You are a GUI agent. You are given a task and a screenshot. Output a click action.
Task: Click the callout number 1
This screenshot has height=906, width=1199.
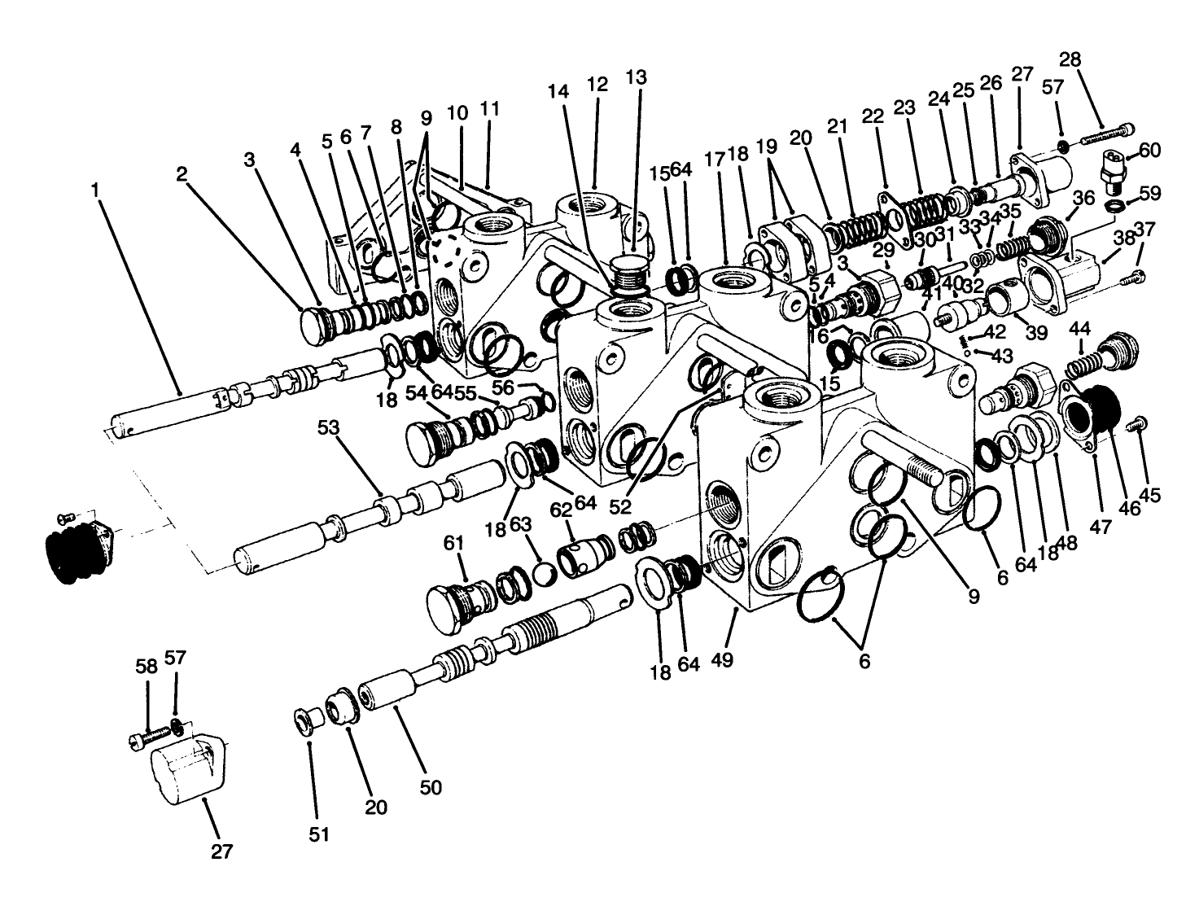(x=95, y=190)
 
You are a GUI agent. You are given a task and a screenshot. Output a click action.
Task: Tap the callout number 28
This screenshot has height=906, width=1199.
(x=1070, y=59)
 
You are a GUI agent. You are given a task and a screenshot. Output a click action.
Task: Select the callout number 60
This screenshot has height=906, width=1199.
(x=1149, y=150)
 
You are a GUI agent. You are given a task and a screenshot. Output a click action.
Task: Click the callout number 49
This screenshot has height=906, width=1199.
(x=722, y=659)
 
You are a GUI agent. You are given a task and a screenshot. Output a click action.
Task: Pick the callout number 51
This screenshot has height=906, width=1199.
(x=319, y=834)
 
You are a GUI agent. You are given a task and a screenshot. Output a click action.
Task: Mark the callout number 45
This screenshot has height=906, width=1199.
(x=1152, y=495)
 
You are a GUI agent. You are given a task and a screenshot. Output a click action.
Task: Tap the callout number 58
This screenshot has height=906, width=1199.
(x=147, y=666)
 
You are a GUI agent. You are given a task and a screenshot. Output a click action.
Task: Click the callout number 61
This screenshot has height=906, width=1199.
(x=454, y=543)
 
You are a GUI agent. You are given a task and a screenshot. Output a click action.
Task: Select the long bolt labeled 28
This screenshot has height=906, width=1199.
(x=1107, y=135)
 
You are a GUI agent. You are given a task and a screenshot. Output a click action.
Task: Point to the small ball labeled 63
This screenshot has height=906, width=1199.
(x=542, y=574)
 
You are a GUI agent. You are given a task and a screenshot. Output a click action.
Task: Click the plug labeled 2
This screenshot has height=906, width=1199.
(x=316, y=322)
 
